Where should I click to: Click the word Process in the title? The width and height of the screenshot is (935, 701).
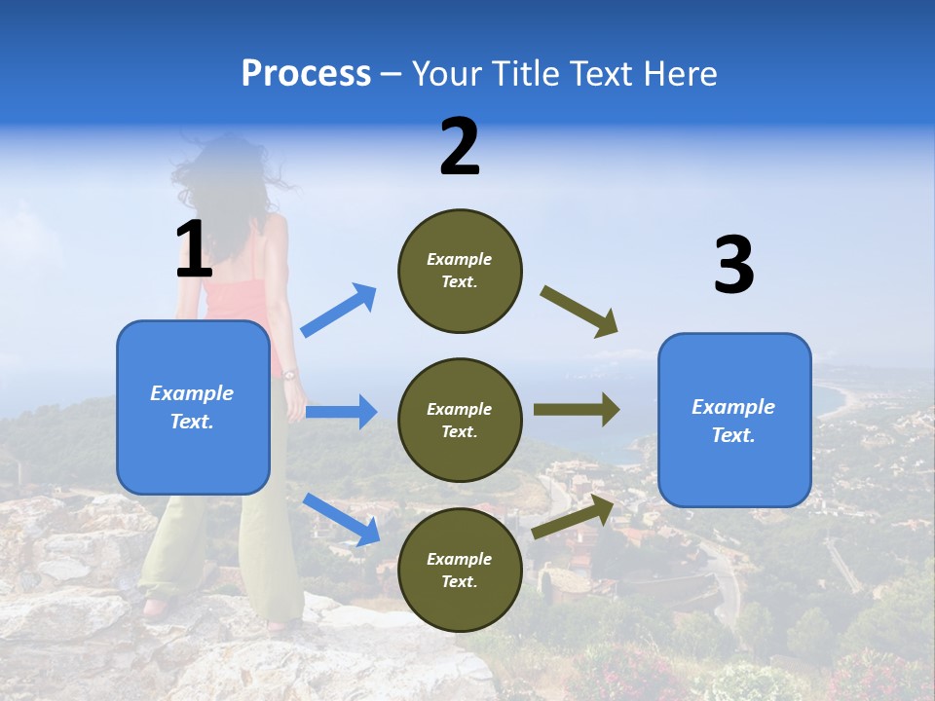coord(306,74)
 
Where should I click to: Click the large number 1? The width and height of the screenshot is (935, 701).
coord(194,250)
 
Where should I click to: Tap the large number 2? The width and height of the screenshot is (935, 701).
coord(460,147)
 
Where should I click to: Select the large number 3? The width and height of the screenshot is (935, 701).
coord(733,266)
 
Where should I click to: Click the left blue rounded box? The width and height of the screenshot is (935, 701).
coord(193,407)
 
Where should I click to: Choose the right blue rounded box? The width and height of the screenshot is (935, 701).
coord(734,421)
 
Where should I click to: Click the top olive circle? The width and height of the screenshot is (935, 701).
coord(460,271)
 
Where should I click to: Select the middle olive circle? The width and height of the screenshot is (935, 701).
coord(460,421)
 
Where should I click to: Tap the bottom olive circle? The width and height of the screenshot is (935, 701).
coord(460,571)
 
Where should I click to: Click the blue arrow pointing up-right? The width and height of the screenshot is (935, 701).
coord(339,311)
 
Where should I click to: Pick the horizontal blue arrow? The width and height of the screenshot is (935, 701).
coord(341,412)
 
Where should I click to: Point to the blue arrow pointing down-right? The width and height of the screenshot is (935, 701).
coord(341,519)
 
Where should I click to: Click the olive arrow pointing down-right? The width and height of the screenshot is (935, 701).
coord(580,312)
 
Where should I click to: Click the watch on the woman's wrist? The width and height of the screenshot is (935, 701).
coord(289,374)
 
